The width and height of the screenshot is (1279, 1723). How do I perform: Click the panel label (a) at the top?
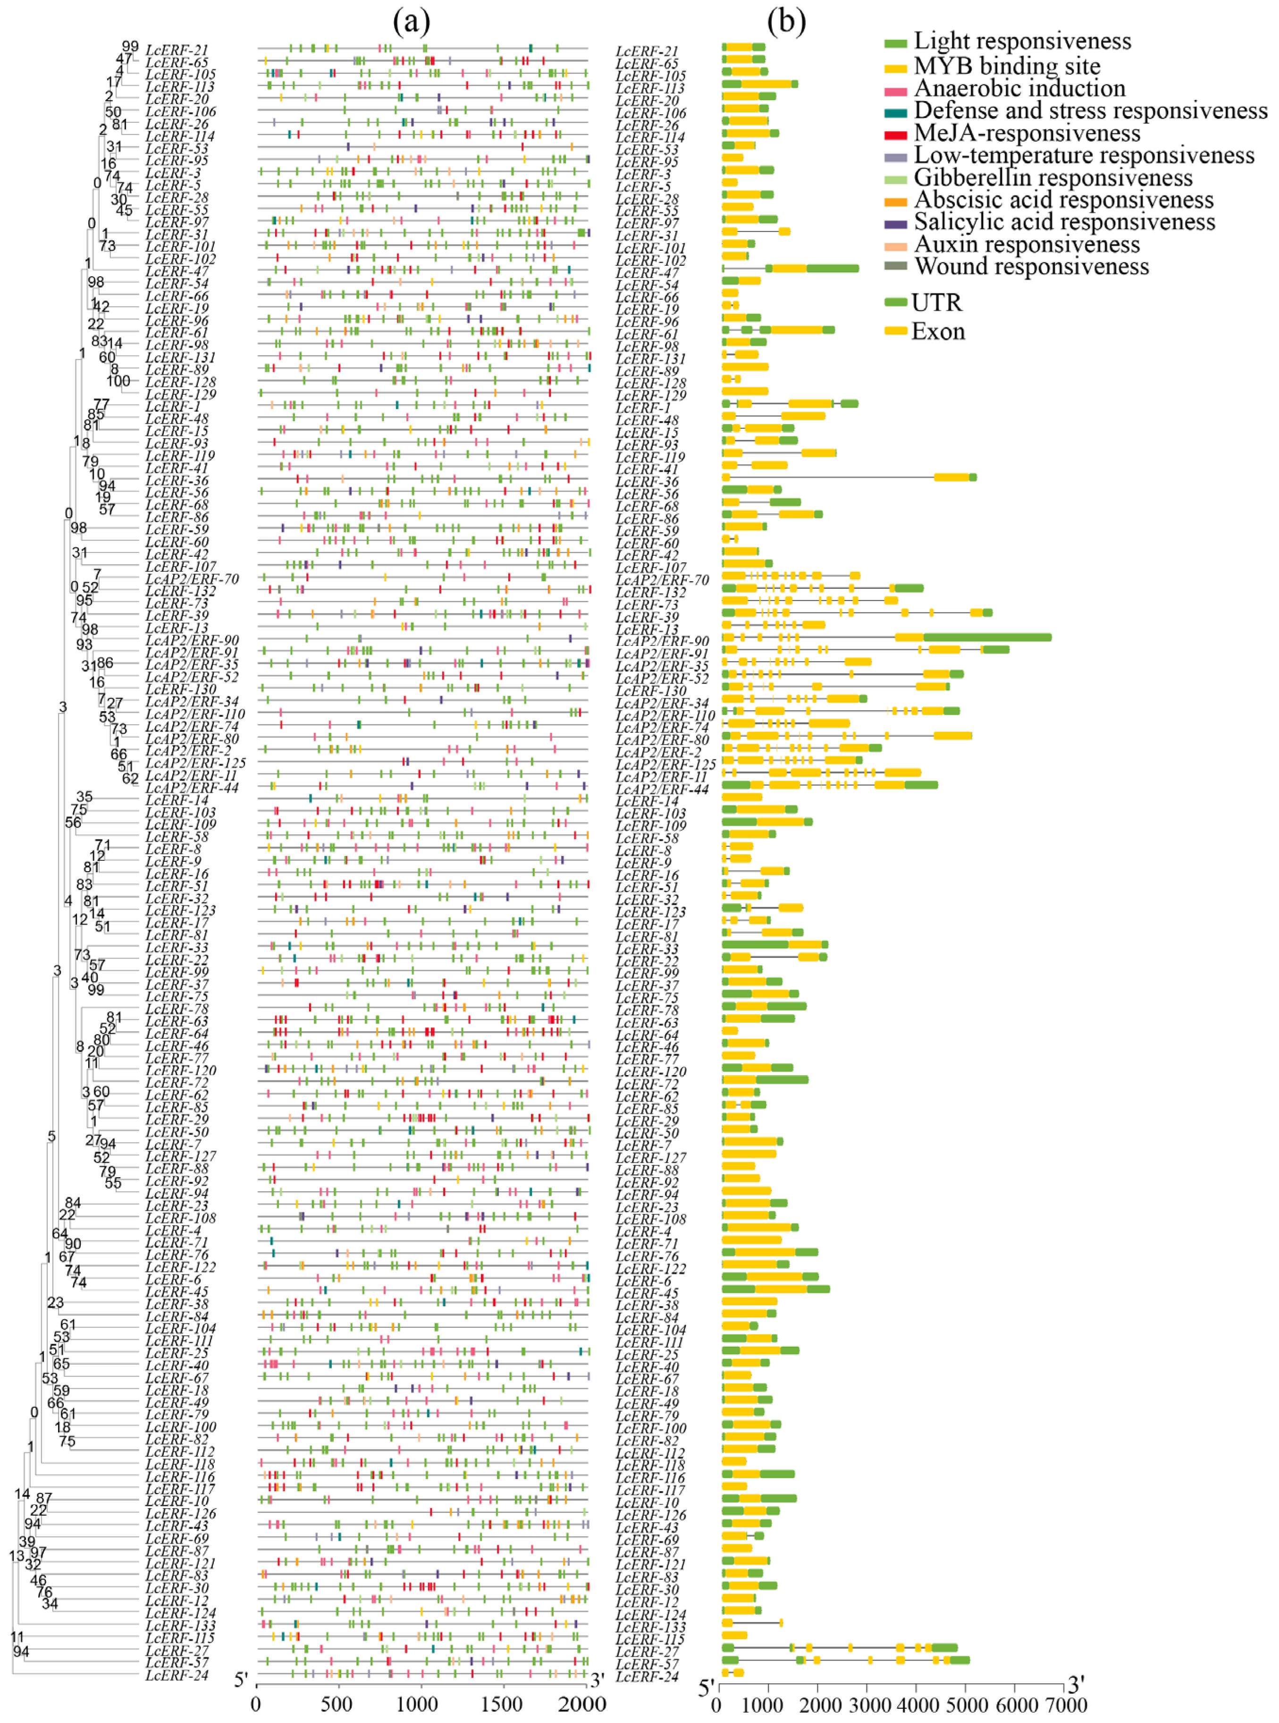(411, 22)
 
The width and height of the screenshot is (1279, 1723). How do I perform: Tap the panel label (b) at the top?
(787, 22)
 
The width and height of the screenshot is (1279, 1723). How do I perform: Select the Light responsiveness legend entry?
(1022, 41)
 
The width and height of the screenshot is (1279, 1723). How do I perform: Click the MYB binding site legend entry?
(1007, 66)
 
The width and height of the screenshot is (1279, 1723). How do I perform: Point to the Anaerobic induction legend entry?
(1019, 88)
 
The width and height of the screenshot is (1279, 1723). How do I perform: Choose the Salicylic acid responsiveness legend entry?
(1065, 222)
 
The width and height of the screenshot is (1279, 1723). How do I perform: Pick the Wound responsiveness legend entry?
(1031, 266)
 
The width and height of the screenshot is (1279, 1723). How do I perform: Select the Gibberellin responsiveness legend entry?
(1053, 178)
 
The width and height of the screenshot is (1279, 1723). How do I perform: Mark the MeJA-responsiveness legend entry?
(1027, 133)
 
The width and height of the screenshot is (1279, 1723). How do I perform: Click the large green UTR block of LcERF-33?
(755, 944)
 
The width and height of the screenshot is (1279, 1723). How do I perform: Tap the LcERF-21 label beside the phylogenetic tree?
(177, 50)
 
